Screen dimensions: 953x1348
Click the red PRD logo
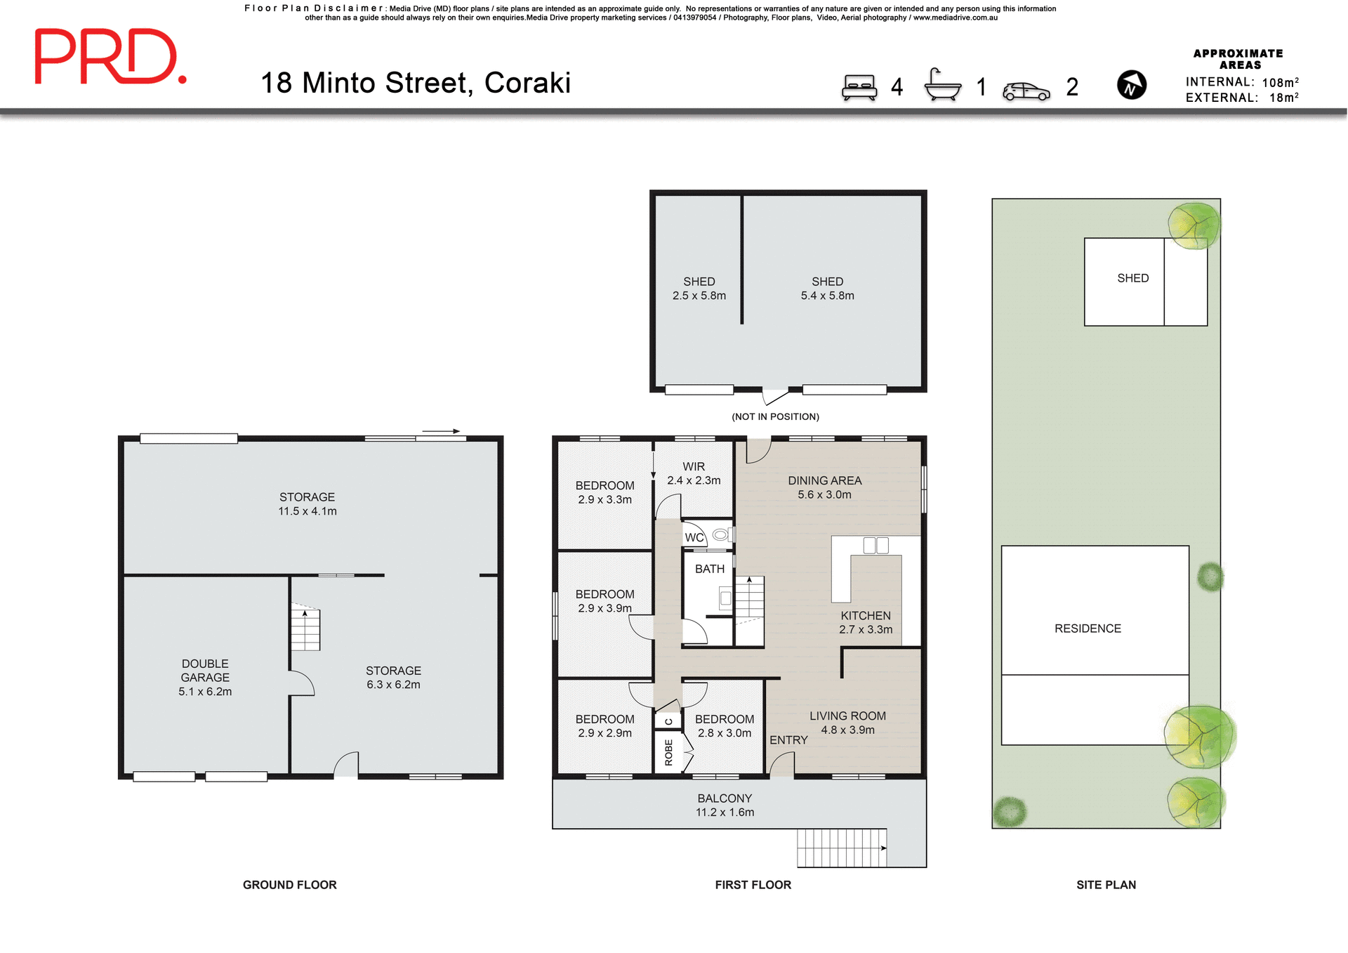pos(110,57)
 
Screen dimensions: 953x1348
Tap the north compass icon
pos(1131,86)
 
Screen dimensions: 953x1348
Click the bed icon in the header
pos(859,88)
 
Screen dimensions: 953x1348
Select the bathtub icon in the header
pos(942,86)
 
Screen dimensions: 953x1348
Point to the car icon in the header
pos(1026,91)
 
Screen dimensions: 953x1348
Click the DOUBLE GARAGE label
pos(205,677)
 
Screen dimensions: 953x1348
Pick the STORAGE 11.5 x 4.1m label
pos(307,504)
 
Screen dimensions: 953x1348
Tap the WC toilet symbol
pos(720,535)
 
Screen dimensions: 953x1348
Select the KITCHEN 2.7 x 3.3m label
pos(866,622)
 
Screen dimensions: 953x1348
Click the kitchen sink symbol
pos(875,545)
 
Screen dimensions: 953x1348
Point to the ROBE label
pos(668,752)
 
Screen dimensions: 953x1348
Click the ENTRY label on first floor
pos(788,740)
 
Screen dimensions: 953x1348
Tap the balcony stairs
pos(841,848)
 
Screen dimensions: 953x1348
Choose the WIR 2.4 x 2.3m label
pos(694,473)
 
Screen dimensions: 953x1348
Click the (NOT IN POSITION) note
pos(775,416)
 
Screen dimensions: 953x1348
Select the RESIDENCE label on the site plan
pos(1088,629)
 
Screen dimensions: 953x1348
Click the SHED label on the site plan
pos(1132,278)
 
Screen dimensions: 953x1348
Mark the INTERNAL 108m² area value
pos(1280,82)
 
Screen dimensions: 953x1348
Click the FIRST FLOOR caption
pos(753,885)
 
